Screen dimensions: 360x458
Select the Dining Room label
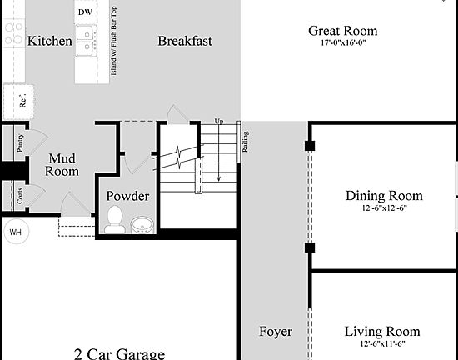(384, 196)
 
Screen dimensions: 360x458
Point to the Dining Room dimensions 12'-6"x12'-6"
(384, 209)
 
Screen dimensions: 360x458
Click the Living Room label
(382, 331)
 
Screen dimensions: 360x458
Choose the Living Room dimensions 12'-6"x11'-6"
(382, 343)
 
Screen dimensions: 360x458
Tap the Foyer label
(275, 331)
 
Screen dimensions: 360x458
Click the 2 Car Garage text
(118, 353)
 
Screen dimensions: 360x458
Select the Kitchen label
(49, 40)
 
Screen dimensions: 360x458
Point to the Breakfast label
(184, 40)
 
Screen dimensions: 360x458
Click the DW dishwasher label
(85, 12)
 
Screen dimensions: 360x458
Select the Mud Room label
(62, 164)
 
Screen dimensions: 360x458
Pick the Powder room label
(127, 196)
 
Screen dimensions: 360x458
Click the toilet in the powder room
(115, 221)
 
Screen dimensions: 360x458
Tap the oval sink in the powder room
(142, 224)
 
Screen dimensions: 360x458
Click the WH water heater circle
(15, 232)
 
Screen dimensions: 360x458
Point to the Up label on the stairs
(219, 122)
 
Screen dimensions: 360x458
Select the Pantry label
(18, 144)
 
